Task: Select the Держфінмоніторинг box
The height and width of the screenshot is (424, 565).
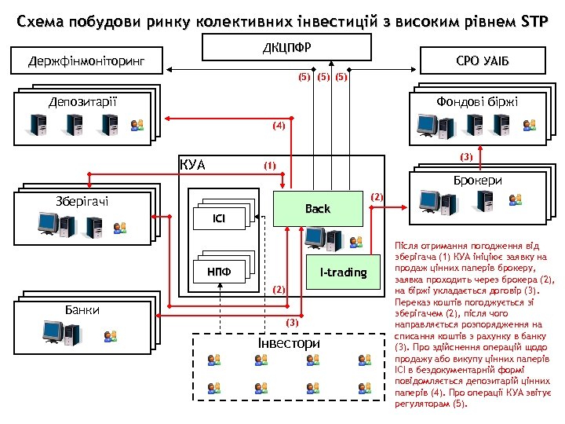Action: tap(86, 60)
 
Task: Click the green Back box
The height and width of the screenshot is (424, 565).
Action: tap(318, 209)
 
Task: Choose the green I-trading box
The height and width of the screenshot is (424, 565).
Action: tap(343, 272)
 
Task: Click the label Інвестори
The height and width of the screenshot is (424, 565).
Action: tap(290, 344)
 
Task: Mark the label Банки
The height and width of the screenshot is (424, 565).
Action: tap(82, 310)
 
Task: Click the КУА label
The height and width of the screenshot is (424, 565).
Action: tap(192, 165)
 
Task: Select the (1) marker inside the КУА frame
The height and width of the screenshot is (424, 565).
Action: tap(270, 166)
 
